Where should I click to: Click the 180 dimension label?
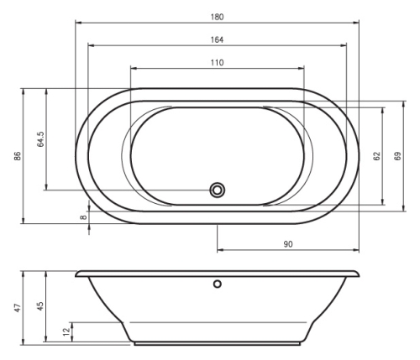click(218, 17)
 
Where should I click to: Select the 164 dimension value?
click(218, 39)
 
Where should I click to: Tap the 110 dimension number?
click(218, 62)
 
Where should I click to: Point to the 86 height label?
click(18, 156)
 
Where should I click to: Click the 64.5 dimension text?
click(40, 139)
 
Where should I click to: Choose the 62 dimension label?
click(377, 156)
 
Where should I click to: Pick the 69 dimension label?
click(397, 156)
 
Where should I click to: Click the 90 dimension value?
click(288, 244)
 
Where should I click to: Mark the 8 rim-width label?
click(83, 217)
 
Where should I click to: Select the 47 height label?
click(18, 308)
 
